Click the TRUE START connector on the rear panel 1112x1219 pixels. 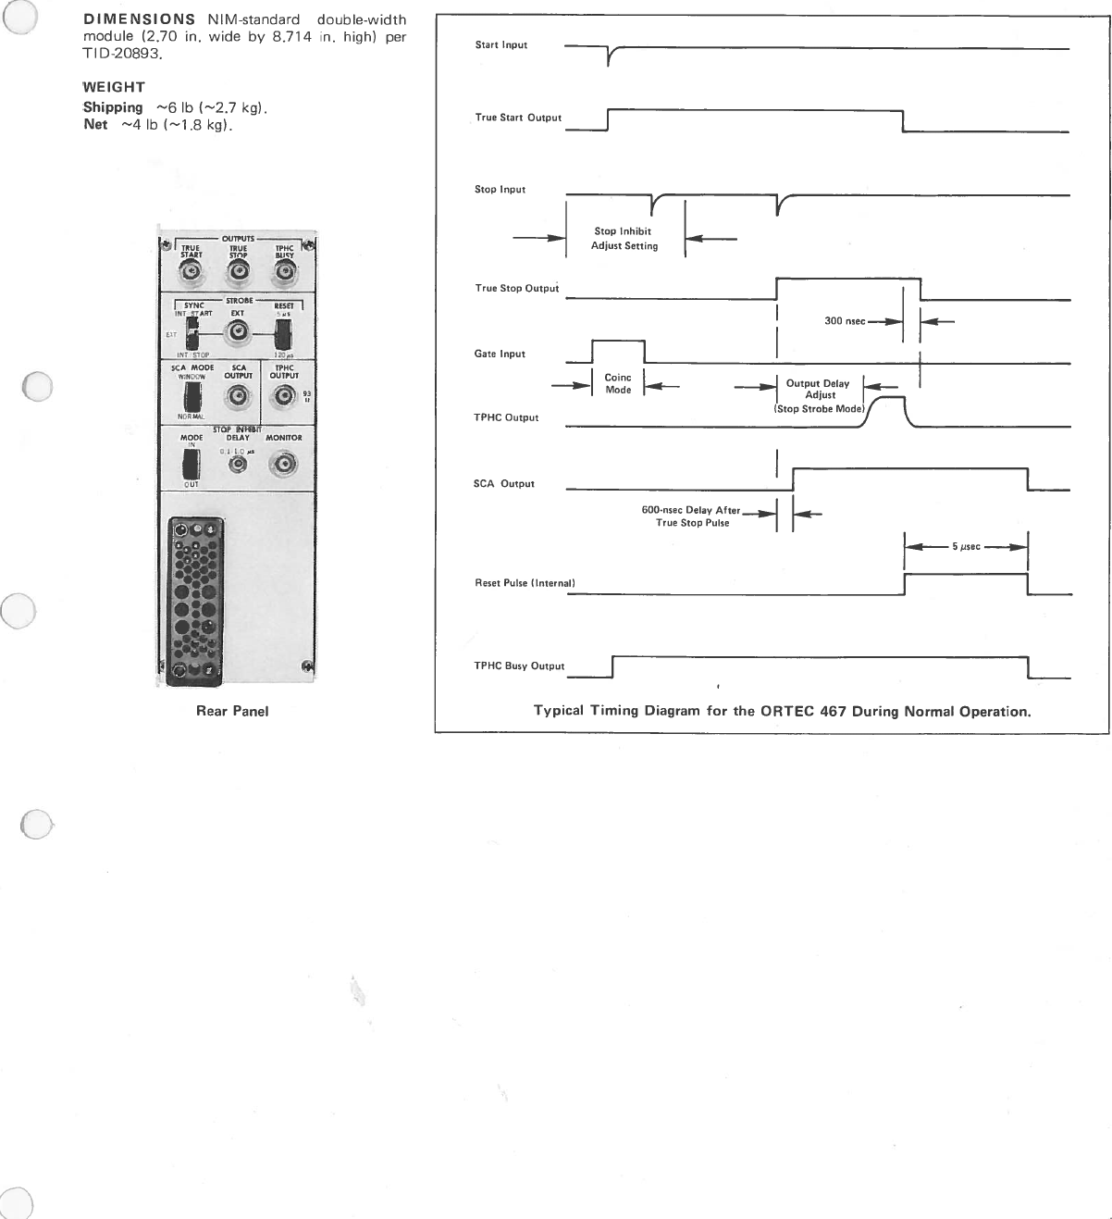(x=192, y=273)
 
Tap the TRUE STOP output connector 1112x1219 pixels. (x=239, y=273)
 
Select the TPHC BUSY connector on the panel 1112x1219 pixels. (x=284, y=273)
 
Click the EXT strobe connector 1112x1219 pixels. (x=238, y=332)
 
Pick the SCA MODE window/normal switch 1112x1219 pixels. (x=192, y=396)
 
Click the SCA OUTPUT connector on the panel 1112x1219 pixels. (x=238, y=397)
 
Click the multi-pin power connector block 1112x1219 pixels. (x=195, y=602)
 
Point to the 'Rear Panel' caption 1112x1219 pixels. (x=232, y=711)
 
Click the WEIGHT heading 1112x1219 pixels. (x=114, y=87)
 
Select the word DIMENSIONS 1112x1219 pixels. (x=139, y=19)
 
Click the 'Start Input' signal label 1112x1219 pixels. (x=500, y=44)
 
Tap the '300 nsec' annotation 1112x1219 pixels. (x=845, y=321)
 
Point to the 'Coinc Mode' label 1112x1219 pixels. (x=618, y=383)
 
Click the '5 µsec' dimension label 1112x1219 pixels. (x=966, y=547)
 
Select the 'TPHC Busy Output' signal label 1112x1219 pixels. (x=519, y=665)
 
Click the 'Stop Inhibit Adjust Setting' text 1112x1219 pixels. (x=624, y=239)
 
